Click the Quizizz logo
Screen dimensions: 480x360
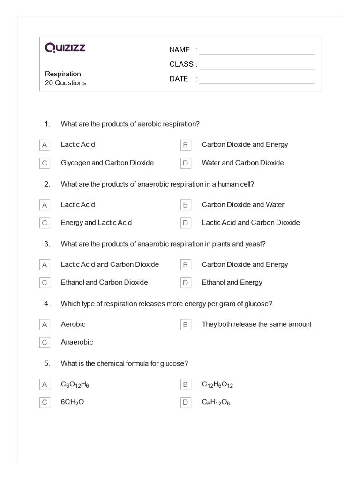65,48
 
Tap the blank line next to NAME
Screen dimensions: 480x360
257,51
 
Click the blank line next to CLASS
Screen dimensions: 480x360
257,65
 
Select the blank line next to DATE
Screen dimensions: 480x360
257,80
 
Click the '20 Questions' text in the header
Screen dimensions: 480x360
66,83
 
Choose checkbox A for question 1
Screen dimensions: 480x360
45,145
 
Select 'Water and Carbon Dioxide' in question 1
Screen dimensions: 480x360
243,163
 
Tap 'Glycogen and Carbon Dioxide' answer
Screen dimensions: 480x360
107,163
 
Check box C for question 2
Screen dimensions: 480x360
45,223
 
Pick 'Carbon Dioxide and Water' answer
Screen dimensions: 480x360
243,204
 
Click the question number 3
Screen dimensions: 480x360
47,244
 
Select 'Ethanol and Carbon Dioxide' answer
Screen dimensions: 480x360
104,282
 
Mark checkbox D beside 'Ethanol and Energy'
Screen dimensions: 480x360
186,283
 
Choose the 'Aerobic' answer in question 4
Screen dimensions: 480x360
73,324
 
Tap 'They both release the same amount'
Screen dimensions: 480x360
256,324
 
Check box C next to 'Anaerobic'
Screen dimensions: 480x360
45,342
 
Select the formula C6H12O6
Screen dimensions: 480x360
216,402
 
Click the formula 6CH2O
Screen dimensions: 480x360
72,402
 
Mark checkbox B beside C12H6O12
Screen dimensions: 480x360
186,384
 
